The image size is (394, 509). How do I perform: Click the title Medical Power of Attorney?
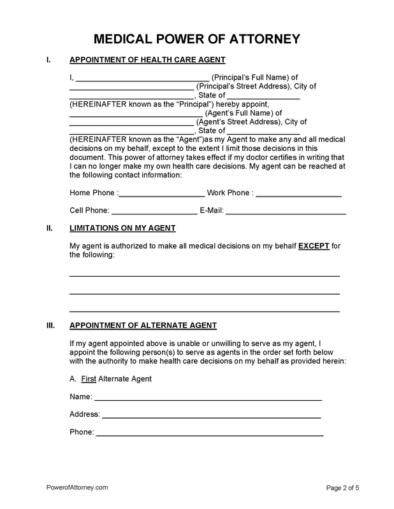pos(197,39)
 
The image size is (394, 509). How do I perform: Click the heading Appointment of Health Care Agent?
pos(147,60)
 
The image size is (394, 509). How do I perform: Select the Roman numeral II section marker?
pos(50,228)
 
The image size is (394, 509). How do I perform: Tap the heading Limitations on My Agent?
pos(122,228)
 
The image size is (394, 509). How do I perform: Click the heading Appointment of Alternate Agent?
pos(143,325)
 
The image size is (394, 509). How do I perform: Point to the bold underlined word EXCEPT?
pos(314,246)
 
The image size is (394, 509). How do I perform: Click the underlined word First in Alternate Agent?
pos(88,379)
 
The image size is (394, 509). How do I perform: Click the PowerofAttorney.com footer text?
pos(77,487)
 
